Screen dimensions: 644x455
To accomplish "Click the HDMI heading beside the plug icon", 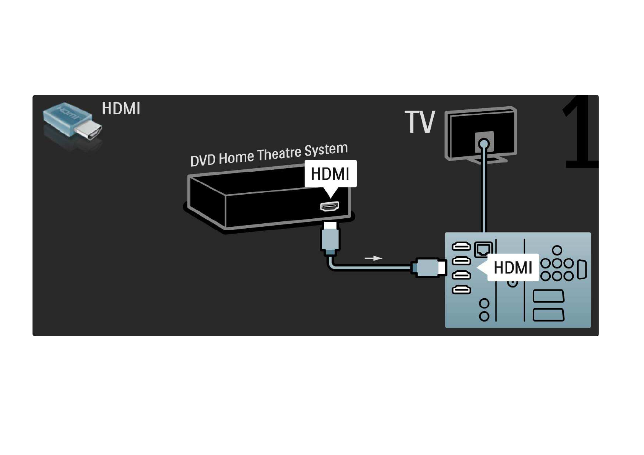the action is [121, 109].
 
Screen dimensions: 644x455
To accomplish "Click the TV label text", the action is [420, 122].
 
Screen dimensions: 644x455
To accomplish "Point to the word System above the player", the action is [326, 149].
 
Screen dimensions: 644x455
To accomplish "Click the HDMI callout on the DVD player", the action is [331, 174].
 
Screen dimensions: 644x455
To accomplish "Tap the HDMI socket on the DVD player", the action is [330, 206].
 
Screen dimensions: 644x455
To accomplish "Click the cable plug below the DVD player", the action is [330, 238].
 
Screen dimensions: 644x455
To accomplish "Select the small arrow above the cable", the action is [373, 258].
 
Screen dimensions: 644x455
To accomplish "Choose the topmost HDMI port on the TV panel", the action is [461, 246].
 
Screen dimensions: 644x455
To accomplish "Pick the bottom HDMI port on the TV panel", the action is [461, 289].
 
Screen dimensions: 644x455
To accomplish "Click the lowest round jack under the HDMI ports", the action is [484, 316].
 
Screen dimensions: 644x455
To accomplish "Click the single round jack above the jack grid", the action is [557, 250].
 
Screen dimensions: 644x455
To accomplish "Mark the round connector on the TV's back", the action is [484, 143].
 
